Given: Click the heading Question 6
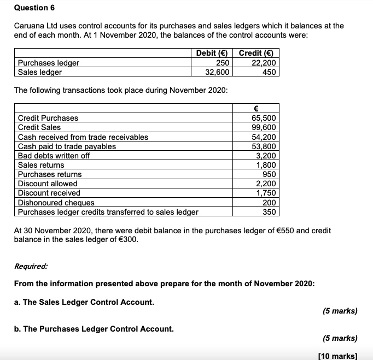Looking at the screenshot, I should click(x=34, y=8).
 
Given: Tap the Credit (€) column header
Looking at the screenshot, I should click(x=256, y=53).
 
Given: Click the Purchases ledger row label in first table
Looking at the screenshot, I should click(x=49, y=63).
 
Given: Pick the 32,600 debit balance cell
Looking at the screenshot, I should click(x=217, y=72).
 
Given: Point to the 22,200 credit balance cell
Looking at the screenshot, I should click(x=264, y=63).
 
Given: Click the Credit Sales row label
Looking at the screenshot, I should click(x=39, y=127).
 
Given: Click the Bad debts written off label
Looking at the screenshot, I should click(x=54, y=156).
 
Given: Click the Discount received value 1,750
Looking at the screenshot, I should click(x=266, y=193).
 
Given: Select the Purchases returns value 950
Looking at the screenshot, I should click(x=269, y=174).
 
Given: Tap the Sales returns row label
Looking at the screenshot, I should click(x=41, y=165).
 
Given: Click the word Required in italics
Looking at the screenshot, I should click(x=31, y=267).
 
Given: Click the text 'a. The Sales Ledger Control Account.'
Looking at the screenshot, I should click(x=84, y=302).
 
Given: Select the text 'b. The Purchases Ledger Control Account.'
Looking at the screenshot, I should click(x=94, y=329).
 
